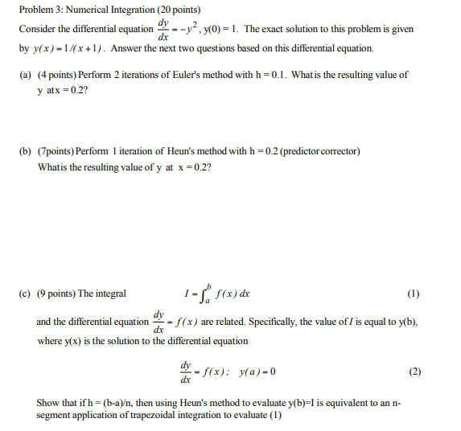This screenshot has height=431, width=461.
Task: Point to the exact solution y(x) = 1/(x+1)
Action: click(x=69, y=48)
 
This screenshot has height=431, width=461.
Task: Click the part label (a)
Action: click(x=25, y=75)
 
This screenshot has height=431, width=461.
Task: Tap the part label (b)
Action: click(x=25, y=151)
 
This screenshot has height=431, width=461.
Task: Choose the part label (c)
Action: click(x=25, y=293)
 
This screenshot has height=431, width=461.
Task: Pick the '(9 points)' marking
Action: click(x=55, y=293)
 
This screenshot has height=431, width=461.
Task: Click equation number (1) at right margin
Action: click(x=413, y=293)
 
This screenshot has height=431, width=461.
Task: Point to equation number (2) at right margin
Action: click(x=414, y=372)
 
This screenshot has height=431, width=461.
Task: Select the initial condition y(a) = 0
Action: click(x=253, y=372)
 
